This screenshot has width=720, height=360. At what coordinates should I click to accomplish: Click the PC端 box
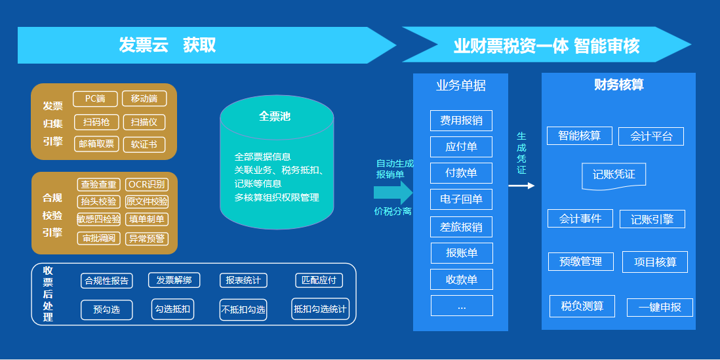(95, 99)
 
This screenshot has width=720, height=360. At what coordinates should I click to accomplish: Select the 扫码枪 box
(96, 122)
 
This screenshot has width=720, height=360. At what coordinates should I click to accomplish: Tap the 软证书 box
(144, 144)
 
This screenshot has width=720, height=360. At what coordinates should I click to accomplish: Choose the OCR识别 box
(146, 184)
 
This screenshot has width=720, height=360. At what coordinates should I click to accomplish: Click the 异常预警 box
(146, 238)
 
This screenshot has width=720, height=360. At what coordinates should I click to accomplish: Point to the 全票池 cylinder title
(275, 117)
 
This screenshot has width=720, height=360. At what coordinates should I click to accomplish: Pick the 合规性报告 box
(107, 281)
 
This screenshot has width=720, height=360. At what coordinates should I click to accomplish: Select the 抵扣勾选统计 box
(320, 309)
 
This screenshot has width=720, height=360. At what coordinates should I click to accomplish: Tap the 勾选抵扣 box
(173, 309)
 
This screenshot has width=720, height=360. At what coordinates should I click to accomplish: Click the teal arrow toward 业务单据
(393, 192)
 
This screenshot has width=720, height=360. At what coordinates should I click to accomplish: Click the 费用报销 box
(461, 121)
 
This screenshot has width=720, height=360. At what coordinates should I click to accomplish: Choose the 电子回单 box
(461, 199)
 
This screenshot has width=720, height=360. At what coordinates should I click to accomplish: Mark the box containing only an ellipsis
(461, 306)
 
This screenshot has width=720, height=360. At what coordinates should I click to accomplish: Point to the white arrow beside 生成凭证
(521, 186)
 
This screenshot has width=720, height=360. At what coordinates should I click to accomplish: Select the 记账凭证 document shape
(614, 175)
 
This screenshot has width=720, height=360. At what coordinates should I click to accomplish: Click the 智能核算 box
(580, 136)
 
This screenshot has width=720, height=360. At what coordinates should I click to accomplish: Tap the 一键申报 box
(660, 308)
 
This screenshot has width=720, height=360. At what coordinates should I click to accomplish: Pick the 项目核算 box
(655, 262)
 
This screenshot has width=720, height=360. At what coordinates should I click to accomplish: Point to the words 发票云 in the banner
(144, 45)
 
